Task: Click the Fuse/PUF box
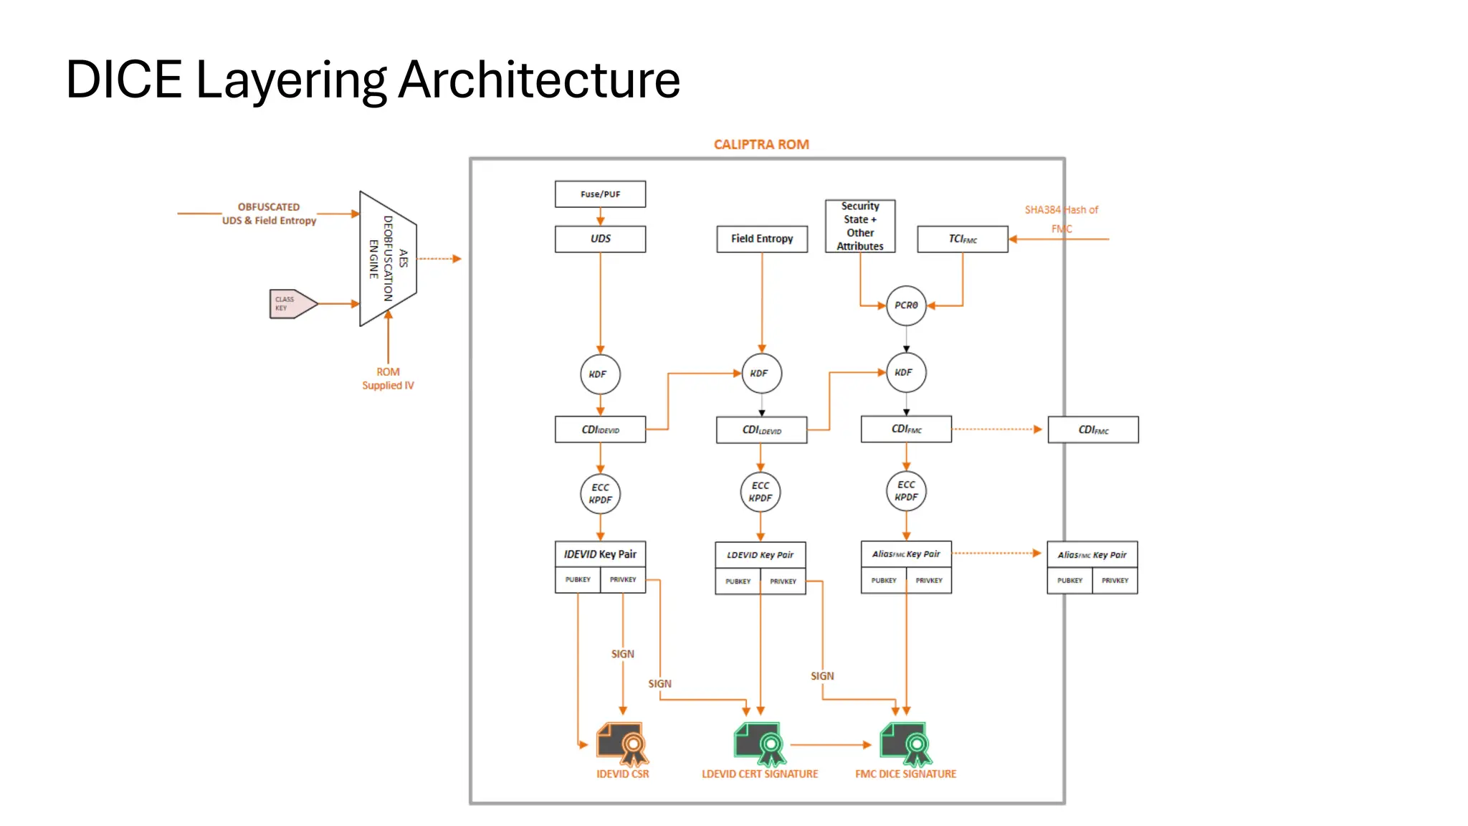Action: [600, 194]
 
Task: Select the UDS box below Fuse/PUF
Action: [600, 239]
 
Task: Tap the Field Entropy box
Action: [761, 239]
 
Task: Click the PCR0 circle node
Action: [905, 305]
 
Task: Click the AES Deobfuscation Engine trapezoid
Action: [388, 259]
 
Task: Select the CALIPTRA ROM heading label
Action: [761, 144]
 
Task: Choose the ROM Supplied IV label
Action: [388, 379]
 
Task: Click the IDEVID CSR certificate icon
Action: [621, 744]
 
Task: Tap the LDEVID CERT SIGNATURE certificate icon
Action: [759, 744]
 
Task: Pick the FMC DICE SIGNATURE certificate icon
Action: [905, 744]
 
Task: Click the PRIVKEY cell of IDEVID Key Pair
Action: [622, 579]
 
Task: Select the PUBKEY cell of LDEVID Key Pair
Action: [738, 581]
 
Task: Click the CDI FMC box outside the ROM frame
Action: [1092, 430]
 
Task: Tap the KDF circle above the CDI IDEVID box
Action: [599, 374]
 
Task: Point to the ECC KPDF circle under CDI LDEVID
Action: [760, 492]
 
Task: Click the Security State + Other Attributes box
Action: [859, 226]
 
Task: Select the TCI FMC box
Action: [962, 239]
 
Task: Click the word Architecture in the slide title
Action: [538, 80]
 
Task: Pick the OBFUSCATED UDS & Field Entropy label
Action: [269, 214]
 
